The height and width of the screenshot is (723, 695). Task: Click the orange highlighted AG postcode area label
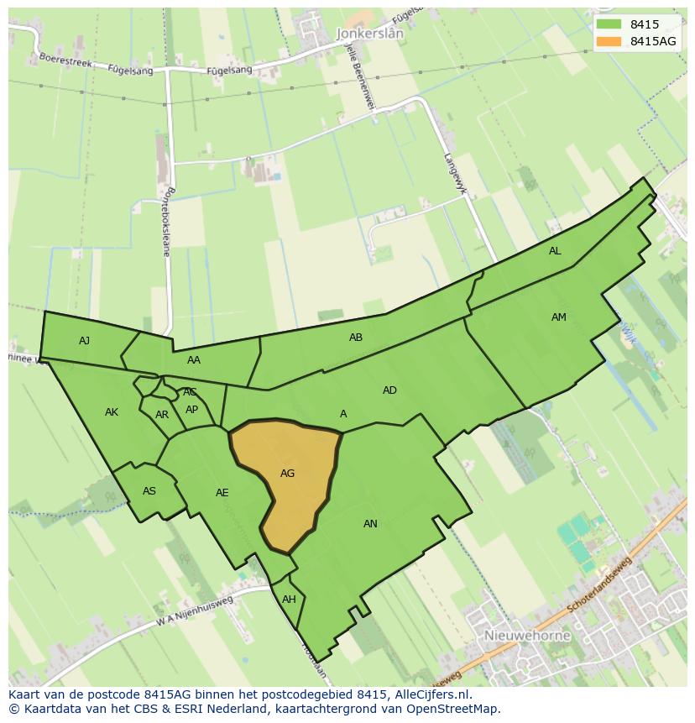tap(287, 474)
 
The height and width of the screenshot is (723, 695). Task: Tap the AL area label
tap(555, 251)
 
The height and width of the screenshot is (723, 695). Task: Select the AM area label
tap(559, 317)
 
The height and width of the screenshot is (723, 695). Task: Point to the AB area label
tap(356, 338)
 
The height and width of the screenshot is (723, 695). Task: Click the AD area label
tap(389, 390)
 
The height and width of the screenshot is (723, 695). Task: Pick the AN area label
tap(370, 524)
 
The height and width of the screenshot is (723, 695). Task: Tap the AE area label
tap(222, 493)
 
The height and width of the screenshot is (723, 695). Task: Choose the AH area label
tap(289, 600)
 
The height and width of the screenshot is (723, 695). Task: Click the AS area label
tap(149, 491)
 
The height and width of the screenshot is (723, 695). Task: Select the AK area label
tap(112, 412)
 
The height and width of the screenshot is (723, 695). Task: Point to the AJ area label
tap(84, 341)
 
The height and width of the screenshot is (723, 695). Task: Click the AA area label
tap(194, 360)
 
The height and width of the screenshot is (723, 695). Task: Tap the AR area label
tap(162, 415)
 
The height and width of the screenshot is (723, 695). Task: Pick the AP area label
tap(192, 410)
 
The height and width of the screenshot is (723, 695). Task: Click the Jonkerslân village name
tap(369, 34)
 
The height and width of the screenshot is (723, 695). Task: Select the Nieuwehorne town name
tap(527, 636)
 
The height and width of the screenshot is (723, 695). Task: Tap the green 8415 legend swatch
tap(609, 24)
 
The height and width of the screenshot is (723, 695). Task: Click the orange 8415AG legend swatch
tap(609, 41)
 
